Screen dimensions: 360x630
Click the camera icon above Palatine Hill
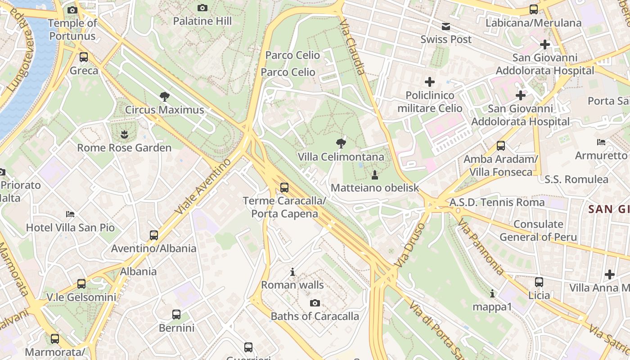pyautogui.click(x=202, y=8)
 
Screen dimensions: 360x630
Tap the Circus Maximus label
pyautogui.click(x=164, y=110)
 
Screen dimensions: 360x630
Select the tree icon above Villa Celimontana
pyautogui.click(x=341, y=144)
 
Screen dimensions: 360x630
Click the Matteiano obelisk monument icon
pyautogui.click(x=374, y=175)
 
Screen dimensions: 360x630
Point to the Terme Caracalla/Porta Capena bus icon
pyautogui.click(x=284, y=188)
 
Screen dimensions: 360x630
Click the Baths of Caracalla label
pyautogui.click(x=315, y=316)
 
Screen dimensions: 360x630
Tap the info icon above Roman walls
pyautogui.click(x=292, y=272)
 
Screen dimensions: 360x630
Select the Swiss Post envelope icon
pyautogui.click(x=445, y=26)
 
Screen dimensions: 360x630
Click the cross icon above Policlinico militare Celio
pyautogui.click(x=430, y=82)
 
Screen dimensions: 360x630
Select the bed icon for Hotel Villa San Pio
pyautogui.click(x=70, y=214)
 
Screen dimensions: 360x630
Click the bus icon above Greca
pyautogui.click(x=84, y=57)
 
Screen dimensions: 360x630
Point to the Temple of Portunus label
pyautogui.click(x=72, y=30)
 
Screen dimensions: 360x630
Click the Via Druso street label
pyautogui.click(x=409, y=245)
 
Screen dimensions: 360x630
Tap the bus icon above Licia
pyautogui.click(x=539, y=282)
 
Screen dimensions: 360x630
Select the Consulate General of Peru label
pyautogui.click(x=538, y=230)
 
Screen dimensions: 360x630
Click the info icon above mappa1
pyautogui.click(x=492, y=293)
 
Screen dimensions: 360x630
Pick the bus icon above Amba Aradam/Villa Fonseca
pyautogui.click(x=501, y=146)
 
